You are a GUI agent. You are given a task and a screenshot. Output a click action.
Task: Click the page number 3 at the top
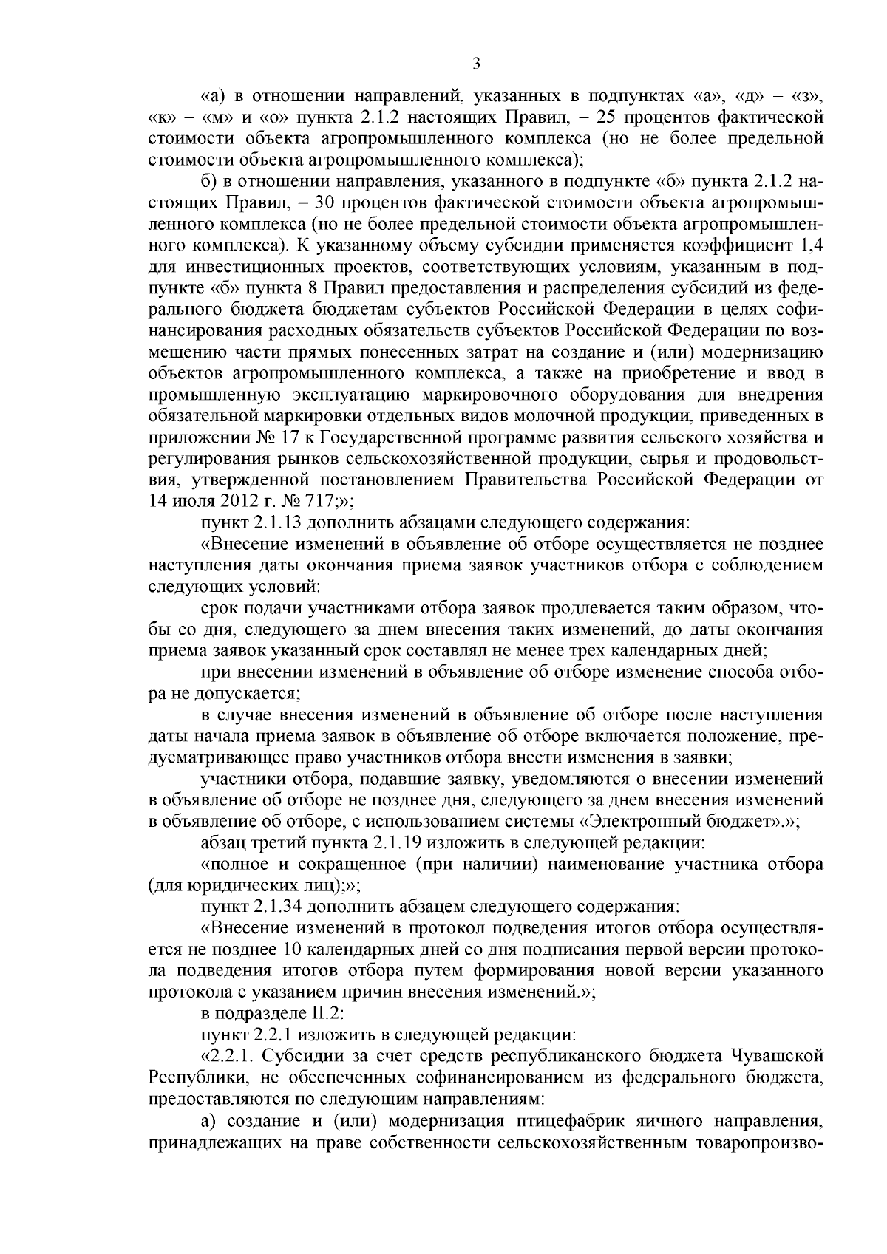tap(476, 64)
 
